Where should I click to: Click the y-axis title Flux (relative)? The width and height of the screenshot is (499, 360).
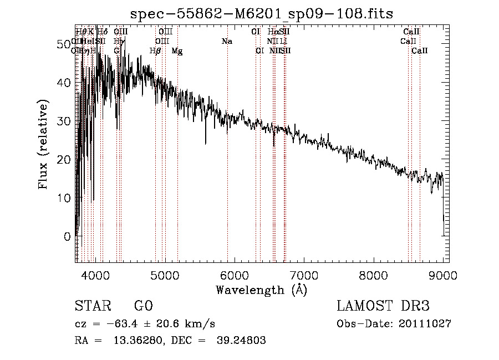tap(43, 144)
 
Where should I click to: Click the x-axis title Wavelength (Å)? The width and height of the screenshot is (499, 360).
tap(261, 290)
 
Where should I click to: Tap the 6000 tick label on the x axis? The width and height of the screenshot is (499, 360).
tap(235, 274)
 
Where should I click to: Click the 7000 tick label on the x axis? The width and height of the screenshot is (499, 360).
tap(304, 274)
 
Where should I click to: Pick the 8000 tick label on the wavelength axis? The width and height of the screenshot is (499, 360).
tap(374, 274)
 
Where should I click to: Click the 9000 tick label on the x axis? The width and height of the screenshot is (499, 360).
tap(443, 274)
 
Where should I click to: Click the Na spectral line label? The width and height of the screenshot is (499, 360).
tap(226, 42)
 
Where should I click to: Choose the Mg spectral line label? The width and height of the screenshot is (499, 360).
tap(177, 51)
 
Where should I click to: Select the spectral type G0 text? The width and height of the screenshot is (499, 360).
tap(143, 306)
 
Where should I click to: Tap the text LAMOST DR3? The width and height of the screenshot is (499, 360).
tap(383, 306)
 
